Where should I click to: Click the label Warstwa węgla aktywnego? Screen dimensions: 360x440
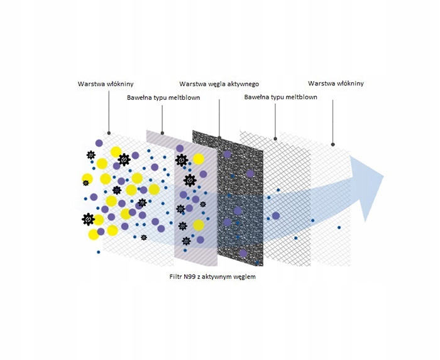pos(219,84)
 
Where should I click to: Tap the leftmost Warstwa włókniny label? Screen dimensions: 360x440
pos(106,84)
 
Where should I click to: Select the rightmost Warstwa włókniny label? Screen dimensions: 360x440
pos(336,84)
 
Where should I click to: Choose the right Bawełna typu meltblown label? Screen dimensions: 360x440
pos(280,98)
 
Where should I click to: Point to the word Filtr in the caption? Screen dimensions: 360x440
pos(177,276)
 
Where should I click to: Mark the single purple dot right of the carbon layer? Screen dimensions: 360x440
pos(275,216)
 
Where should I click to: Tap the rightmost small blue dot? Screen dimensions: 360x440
pos(339,227)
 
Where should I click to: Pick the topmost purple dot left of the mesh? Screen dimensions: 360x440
pos(99,143)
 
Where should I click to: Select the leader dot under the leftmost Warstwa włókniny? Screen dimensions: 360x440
pos(109,133)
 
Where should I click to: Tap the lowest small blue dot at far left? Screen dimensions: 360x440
pos(99,251)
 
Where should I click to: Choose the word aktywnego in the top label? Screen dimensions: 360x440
pos(243,84)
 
